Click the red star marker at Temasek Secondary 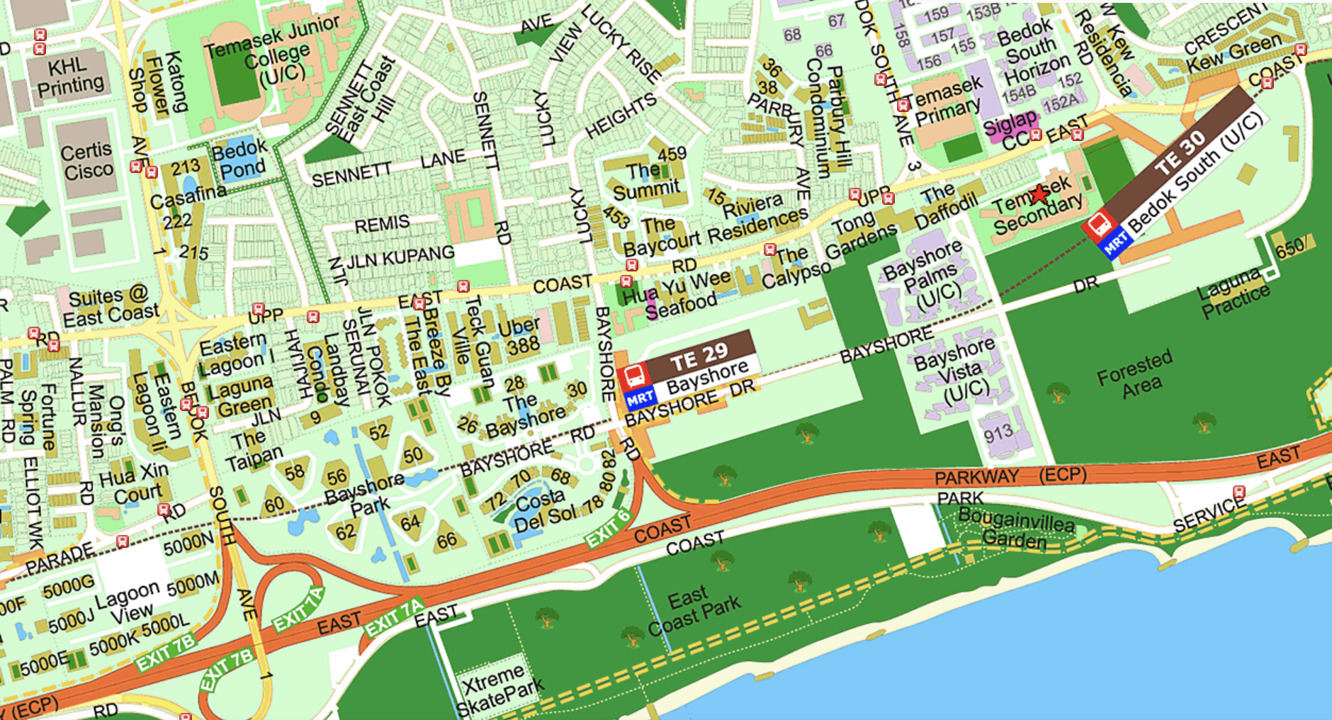tap(1039, 193)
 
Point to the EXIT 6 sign tap(608, 528)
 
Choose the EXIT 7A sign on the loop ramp tap(298, 610)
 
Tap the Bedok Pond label tap(239, 159)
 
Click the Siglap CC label tap(1010, 132)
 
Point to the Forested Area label tap(1134, 375)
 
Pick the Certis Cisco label tap(86, 161)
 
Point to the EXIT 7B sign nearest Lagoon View tap(165, 653)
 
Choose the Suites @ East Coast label tap(109, 305)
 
